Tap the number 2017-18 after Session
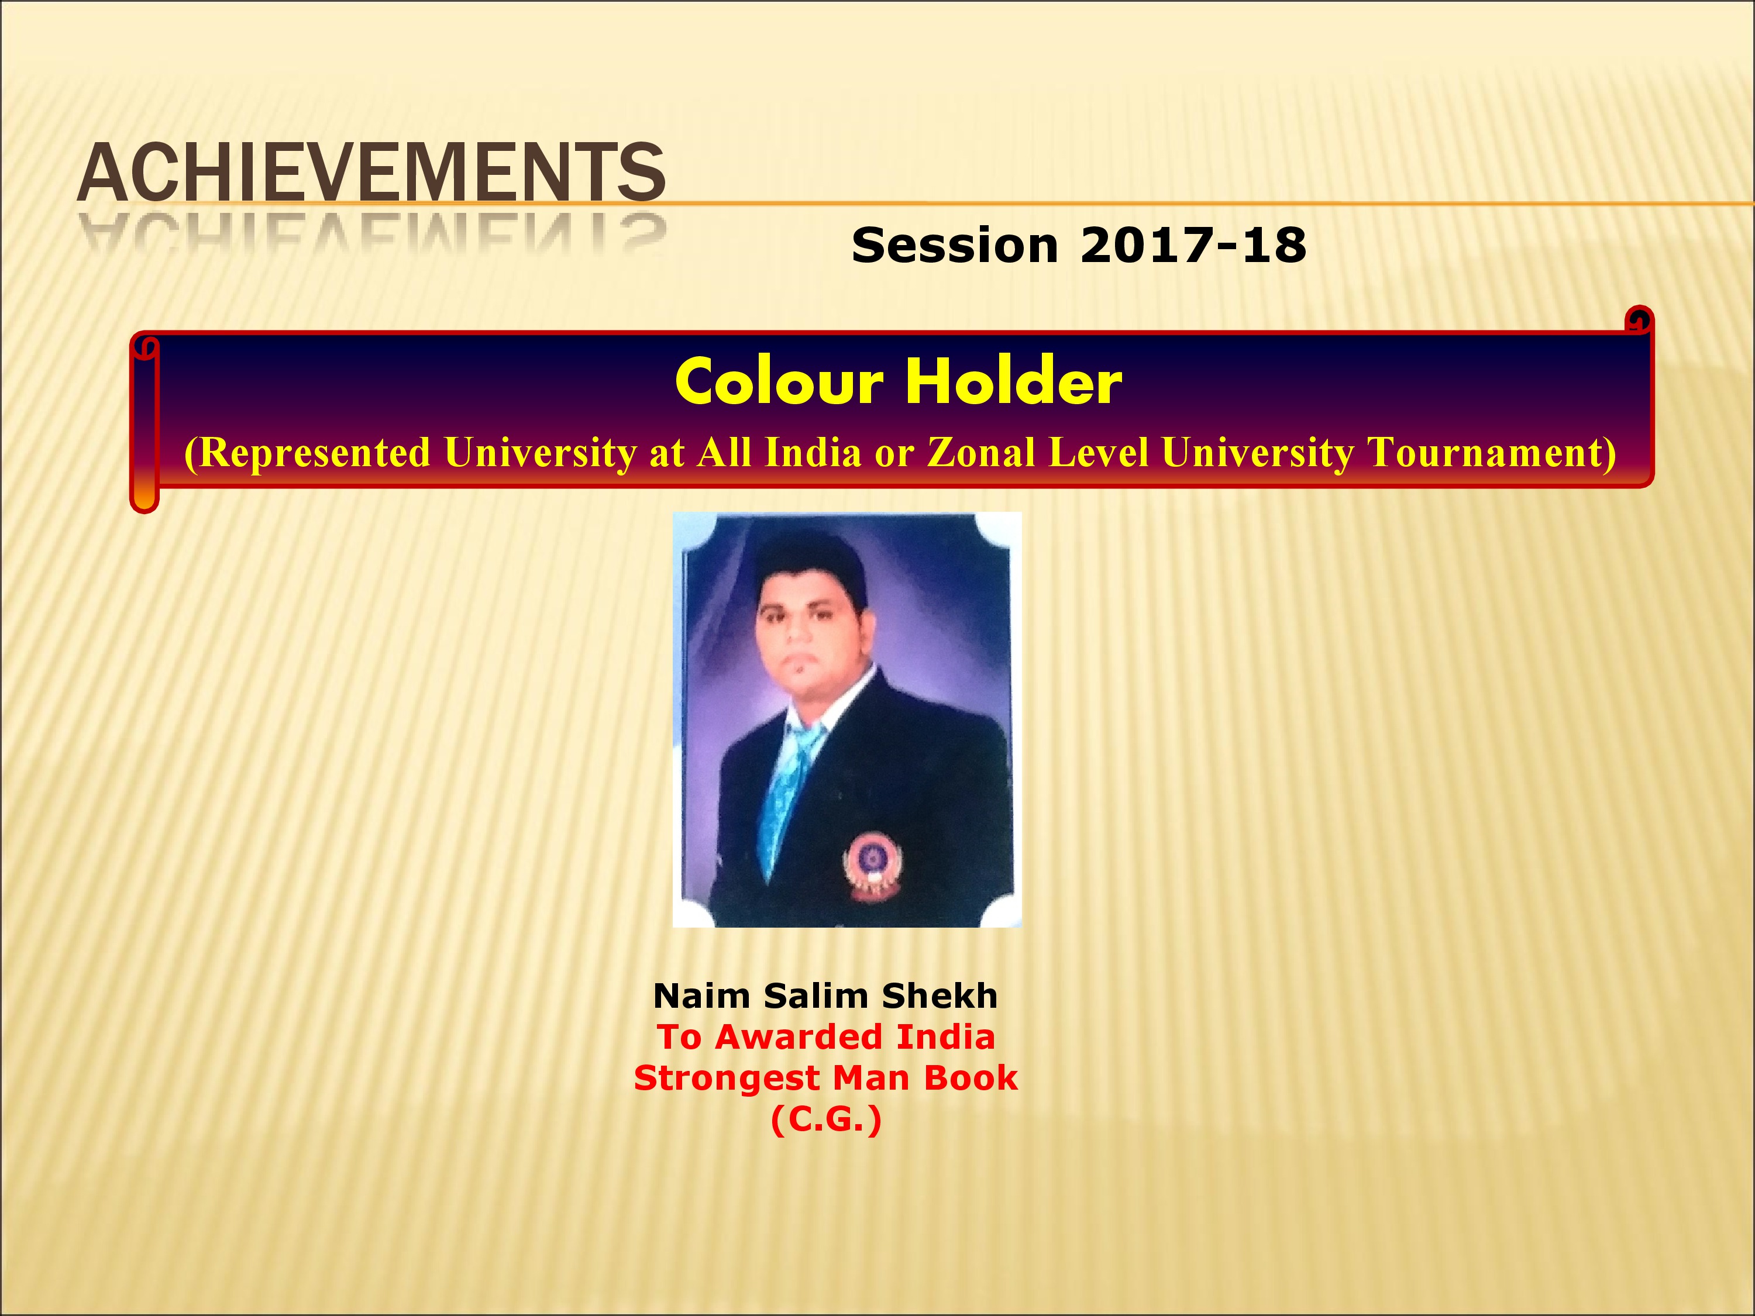coord(1192,245)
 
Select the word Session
coord(955,245)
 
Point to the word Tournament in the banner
coord(1492,453)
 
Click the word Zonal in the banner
coord(980,452)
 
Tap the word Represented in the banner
coord(308,453)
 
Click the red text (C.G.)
coord(826,1120)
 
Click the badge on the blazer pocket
coord(873,864)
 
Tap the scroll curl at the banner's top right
coord(1639,321)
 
